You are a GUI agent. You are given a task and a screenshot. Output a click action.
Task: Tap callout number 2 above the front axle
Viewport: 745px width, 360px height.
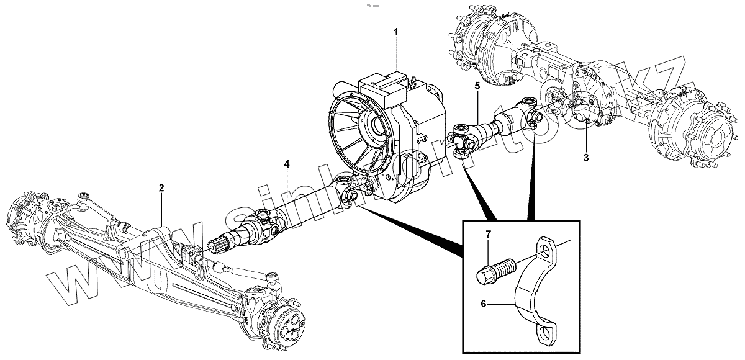point(161,187)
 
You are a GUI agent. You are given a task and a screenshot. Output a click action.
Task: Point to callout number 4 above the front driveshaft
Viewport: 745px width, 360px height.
point(287,164)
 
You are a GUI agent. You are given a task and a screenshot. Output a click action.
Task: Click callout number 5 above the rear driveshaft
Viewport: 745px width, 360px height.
point(477,86)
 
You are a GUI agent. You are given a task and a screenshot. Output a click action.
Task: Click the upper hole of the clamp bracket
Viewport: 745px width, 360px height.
point(547,251)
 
